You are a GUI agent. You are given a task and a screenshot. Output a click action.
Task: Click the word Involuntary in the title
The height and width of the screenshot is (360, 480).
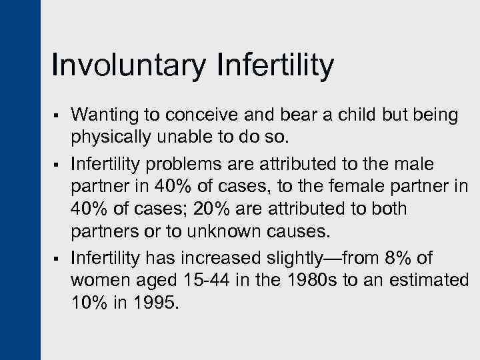pyautogui.click(x=127, y=67)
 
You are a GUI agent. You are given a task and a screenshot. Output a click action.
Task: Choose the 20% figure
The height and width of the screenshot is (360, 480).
pyautogui.click(x=209, y=208)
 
